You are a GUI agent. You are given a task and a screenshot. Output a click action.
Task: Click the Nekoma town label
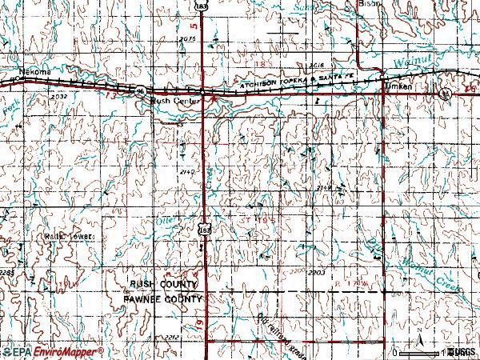pyautogui.click(x=35, y=72)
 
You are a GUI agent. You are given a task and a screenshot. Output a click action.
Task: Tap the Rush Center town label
pyautogui.click(x=170, y=102)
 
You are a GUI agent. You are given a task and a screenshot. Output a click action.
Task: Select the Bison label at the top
pyautogui.click(x=371, y=3)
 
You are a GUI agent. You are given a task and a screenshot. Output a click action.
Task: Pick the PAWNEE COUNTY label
pyautogui.click(x=164, y=298)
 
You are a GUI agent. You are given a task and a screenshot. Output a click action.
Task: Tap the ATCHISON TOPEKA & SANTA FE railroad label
pyautogui.click(x=289, y=81)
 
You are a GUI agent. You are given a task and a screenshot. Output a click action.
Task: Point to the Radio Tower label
pyautogui.click(x=69, y=238)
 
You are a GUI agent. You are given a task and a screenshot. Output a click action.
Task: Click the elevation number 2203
pyautogui.click(x=315, y=273)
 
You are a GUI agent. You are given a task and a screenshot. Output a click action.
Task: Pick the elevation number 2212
pyautogui.click(x=171, y=338)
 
